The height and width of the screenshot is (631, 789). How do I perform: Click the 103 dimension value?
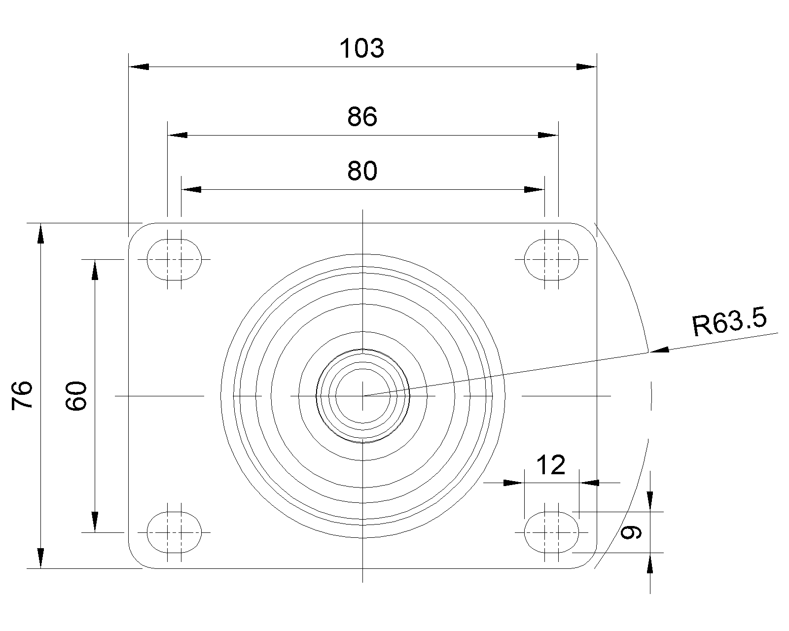coord(362,48)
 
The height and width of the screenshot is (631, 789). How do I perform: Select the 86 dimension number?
coord(362,117)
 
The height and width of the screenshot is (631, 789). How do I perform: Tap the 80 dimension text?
coord(362,171)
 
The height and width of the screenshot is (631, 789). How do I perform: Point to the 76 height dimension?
coord(22,395)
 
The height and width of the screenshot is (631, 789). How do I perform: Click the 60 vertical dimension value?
coord(76,396)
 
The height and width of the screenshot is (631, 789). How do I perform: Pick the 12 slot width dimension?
coord(551,465)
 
